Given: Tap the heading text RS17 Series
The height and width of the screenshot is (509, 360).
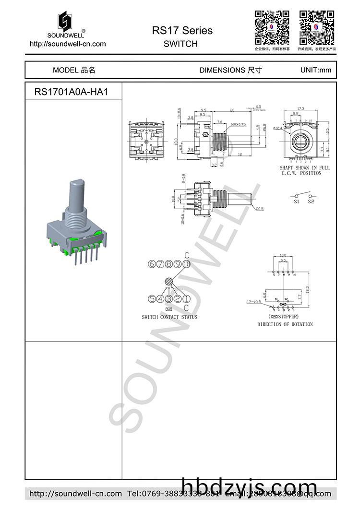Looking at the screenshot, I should (x=182, y=31).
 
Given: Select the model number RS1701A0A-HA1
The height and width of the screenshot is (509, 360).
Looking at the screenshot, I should (x=71, y=92).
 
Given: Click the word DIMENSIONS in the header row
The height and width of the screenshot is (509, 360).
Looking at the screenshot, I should (x=222, y=70).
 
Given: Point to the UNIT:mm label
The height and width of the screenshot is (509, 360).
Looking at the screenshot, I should (x=315, y=70).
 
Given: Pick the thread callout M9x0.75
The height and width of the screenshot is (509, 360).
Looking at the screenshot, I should (x=239, y=124).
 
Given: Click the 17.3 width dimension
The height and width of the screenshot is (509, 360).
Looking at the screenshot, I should (x=301, y=109).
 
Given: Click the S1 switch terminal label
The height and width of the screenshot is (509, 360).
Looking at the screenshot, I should (x=297, y=202).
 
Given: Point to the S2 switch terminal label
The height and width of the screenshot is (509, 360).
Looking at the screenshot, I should (x=311, y=202).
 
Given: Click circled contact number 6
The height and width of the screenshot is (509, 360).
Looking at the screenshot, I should (x=152, y=264).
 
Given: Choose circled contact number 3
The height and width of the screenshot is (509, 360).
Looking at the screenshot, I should (x=169, y=299).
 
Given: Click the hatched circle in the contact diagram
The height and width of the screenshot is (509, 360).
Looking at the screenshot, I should (x=169, y=282).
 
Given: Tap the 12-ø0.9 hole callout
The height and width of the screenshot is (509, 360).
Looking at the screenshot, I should (x=254, y=302).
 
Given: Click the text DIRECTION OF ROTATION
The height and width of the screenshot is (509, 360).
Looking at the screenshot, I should (x=285, y=324).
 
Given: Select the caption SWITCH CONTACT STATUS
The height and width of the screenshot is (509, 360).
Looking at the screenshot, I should (x=169, y=317).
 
